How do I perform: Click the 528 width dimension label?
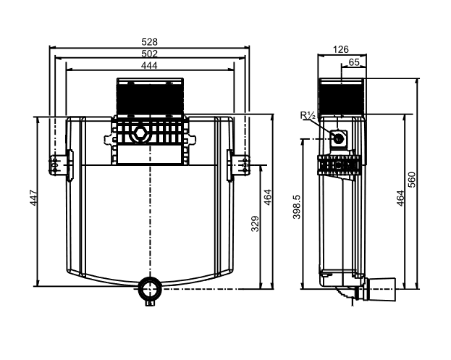click(150, 42)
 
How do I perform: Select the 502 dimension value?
click(150, 54)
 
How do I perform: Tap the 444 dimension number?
click(149, 66)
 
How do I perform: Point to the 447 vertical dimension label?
click(34, 198)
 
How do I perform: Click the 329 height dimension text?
click(255, 224)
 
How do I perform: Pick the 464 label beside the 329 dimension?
click(268, 197)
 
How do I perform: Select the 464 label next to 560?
click(400, 198)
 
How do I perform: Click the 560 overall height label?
click(412, 180)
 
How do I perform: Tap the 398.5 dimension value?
click(297, 206)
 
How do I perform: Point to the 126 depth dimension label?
click(341, 49)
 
